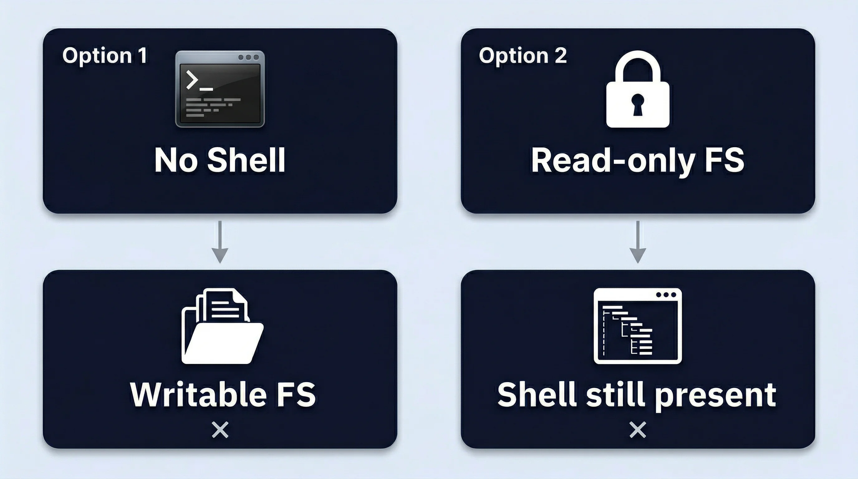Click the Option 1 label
click(104, 55)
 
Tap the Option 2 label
click(523, 55)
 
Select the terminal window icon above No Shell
click(220, 89)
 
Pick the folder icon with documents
click(222, 327)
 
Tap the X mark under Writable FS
click(220, 430)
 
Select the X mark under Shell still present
click(638, 430)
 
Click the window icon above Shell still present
click(638, 326)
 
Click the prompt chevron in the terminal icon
click(192, 80)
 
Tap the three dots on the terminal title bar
click(248, 57)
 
